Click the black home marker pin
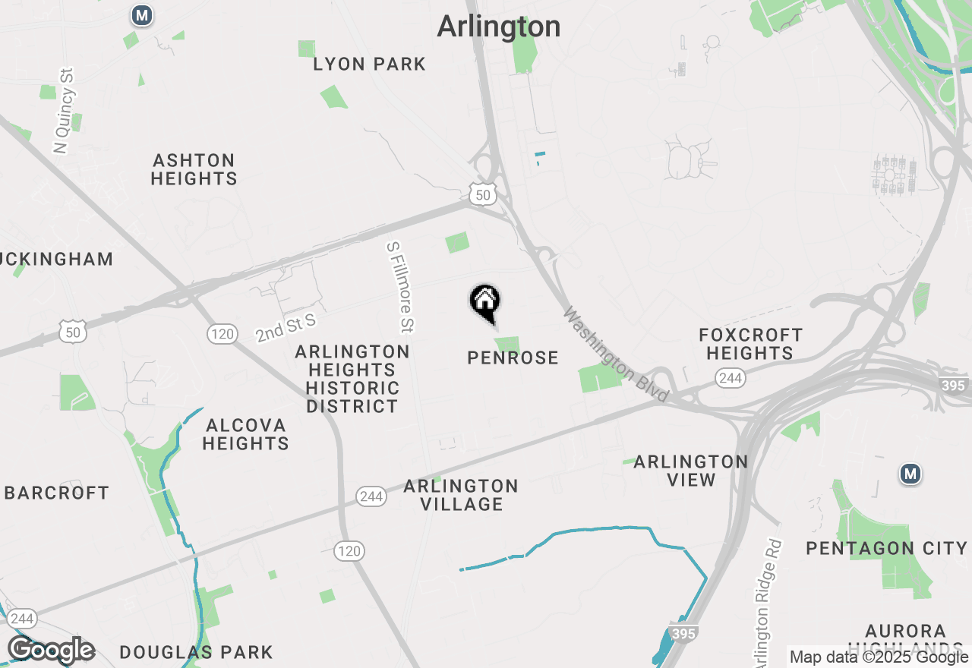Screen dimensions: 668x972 [484, 302]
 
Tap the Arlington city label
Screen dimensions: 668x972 [499, 27]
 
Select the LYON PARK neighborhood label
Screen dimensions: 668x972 [370, 65]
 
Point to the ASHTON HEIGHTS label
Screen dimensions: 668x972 [194, 169]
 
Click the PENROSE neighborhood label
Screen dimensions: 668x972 [513, 358]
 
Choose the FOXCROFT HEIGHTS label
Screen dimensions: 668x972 [750, 344]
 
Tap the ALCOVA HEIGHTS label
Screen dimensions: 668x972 [245, 434]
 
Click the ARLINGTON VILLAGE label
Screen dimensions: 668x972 [461, 495]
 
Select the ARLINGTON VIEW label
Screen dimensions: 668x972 [691, 471]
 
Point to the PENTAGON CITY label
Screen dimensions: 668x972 [886, 548]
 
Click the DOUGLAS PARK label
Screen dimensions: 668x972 [196, 652]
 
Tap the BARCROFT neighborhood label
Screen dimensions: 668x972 [57, 493]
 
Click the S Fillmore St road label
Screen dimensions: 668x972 [400, 287]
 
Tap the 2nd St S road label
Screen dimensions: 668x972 [285, 329]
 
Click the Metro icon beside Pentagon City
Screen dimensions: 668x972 [910, 474]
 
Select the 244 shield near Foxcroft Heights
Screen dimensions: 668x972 [730, 378]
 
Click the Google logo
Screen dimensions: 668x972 [51, 651]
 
